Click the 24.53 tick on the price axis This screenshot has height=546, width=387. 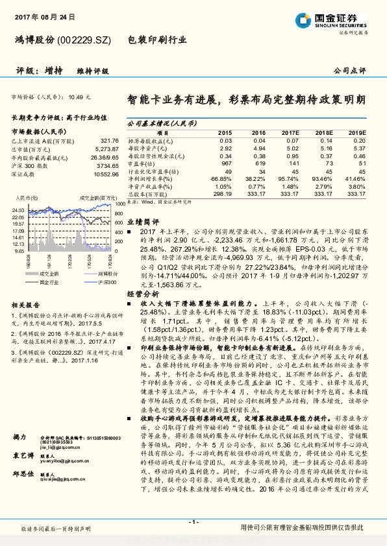(x=18, y=210)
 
